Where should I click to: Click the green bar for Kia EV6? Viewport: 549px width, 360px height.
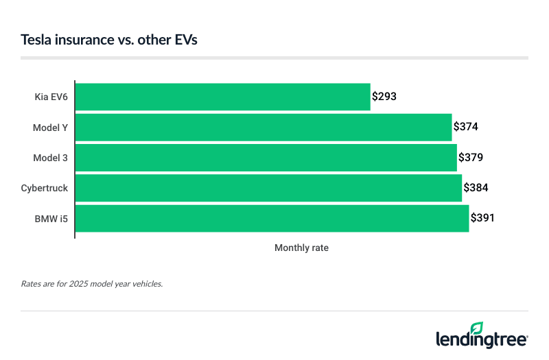[x=222, y=97]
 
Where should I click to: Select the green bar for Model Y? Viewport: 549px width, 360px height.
[x=263, y=127]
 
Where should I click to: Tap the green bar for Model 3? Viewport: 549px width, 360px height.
[x=265, y=157]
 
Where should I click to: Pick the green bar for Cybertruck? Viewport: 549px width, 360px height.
[x=268, y=187]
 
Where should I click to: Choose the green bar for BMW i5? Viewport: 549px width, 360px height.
[x=271, y=217]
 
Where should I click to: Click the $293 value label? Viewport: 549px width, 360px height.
[x=384, y=97]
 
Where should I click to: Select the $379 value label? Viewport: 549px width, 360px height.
[x=470, y=157]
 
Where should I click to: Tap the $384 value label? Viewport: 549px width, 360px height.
[x=476, y=187]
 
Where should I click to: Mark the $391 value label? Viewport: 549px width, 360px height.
[x=482, y=217]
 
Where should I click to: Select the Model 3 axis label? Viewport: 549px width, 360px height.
[x=51, y=158]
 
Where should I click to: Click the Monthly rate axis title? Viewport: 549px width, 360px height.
[x=301, y=248]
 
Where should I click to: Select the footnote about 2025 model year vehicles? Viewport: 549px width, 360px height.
[x=92, y=283]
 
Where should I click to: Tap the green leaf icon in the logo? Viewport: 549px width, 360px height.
[x=476, y=328]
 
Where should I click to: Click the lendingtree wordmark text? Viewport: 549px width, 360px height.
[x=482, y=339]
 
